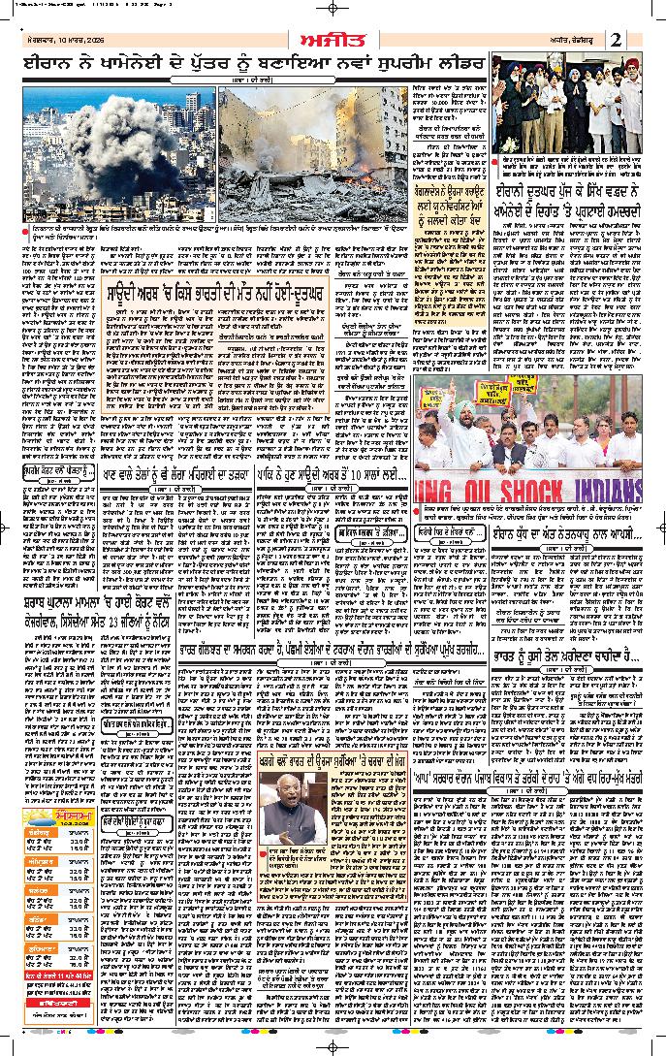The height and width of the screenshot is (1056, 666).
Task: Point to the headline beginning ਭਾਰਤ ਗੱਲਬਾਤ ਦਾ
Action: click(x=331, y=674)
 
